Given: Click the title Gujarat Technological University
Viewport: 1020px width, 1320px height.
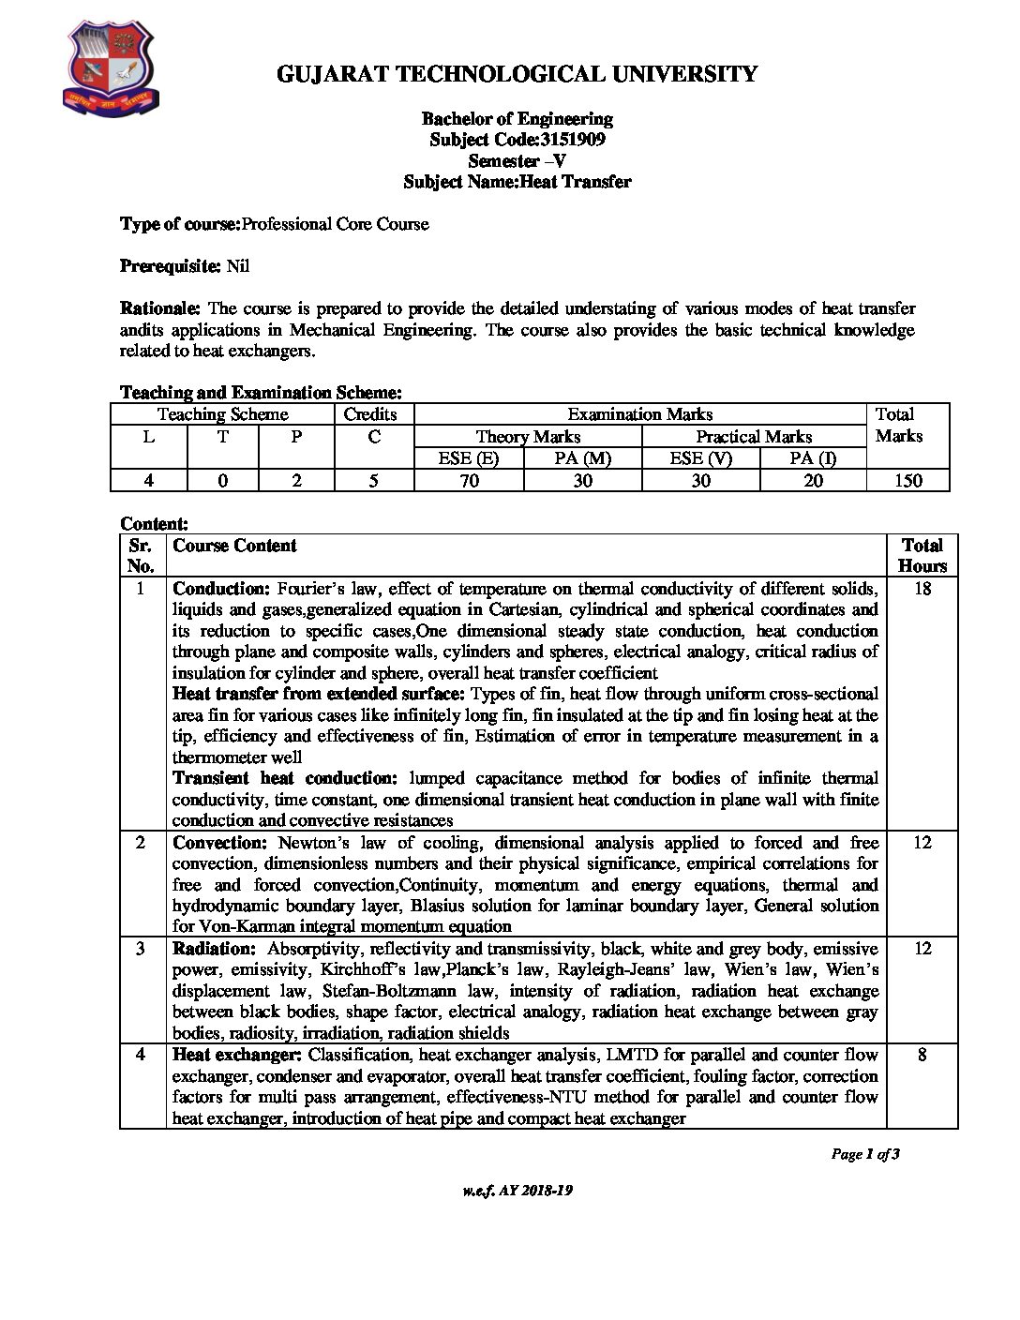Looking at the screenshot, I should click(517, 74).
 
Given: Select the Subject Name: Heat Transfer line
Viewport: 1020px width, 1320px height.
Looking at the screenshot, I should click(517, 182).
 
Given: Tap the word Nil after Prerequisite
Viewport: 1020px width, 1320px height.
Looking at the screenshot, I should click(238, 266).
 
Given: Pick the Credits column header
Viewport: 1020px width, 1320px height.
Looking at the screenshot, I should click(370, 414).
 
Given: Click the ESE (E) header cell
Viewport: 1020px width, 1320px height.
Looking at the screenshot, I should click(468, 458).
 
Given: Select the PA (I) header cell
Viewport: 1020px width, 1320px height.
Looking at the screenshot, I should click(812, 458).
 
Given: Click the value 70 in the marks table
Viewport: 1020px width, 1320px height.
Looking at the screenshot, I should click(469, 481).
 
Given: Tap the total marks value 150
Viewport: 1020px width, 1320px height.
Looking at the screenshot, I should click(907, 481).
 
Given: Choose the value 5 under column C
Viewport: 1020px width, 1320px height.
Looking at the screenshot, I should click(373, 481).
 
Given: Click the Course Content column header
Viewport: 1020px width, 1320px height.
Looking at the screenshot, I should click(234, 546).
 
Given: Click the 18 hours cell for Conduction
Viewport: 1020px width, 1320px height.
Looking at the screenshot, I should click(922, 589).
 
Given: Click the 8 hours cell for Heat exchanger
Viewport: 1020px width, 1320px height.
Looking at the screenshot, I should click(922, 1055).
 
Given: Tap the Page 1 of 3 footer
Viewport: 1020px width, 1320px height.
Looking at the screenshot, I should click(864, 1154).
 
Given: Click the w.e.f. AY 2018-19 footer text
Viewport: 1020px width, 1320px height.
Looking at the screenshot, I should click(517, 1191).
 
